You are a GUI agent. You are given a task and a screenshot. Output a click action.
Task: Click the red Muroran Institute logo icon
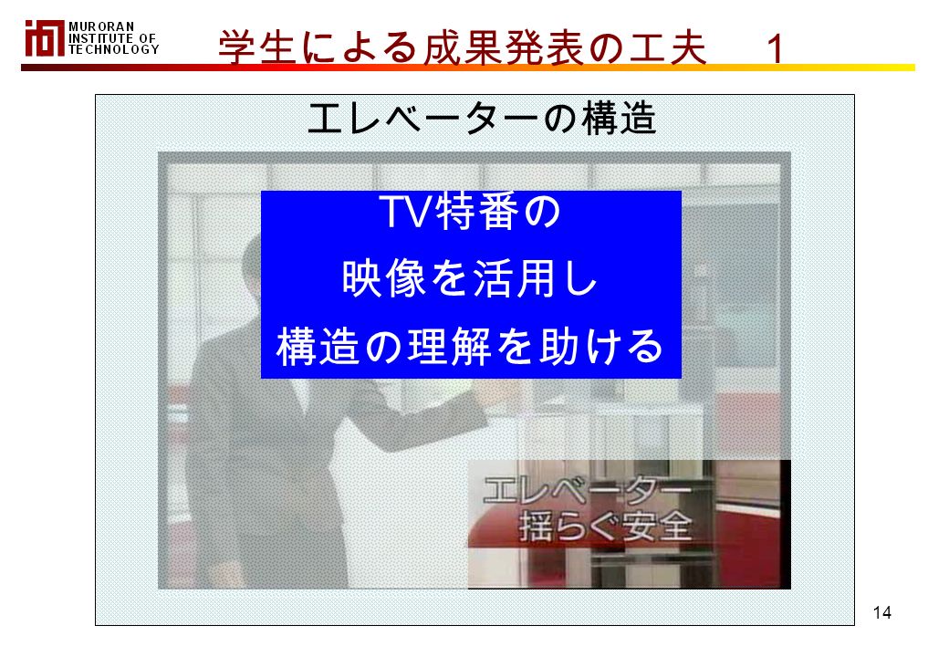pos(44,38)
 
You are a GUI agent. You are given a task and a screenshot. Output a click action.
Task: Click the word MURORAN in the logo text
pos(101,26)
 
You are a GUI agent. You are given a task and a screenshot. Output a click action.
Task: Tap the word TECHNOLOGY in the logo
pos(114,49)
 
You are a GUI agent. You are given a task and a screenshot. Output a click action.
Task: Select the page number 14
pos(881,612)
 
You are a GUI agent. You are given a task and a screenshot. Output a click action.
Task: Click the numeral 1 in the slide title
pos(776,47)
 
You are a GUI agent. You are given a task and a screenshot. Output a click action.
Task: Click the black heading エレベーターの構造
pos(482,119)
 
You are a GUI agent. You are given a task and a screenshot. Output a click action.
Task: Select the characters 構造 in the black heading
pos(620,119)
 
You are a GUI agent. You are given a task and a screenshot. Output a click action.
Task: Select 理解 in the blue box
pos(449,347)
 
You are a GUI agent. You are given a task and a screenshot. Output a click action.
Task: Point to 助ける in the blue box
pos(601,347)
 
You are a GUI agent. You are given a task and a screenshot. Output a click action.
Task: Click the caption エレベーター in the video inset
pos(587,490)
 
